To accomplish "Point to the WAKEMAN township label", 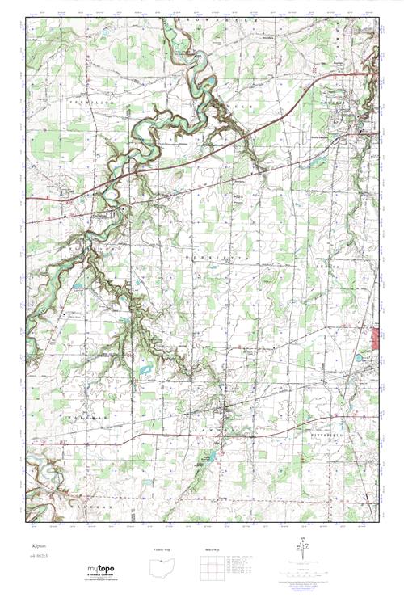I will click(x=90, y=417).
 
